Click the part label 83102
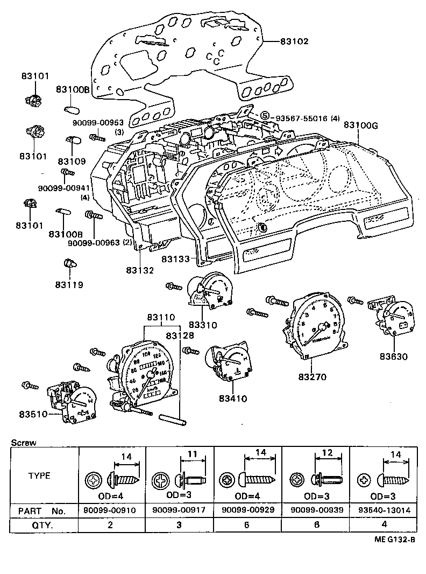coord(294,41)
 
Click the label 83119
coord(69,284)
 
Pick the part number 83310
coord(203,325)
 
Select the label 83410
coord(233,398)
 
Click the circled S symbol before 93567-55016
coord(265,116)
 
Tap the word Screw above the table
coord(23,443)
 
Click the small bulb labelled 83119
coord(69,264)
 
